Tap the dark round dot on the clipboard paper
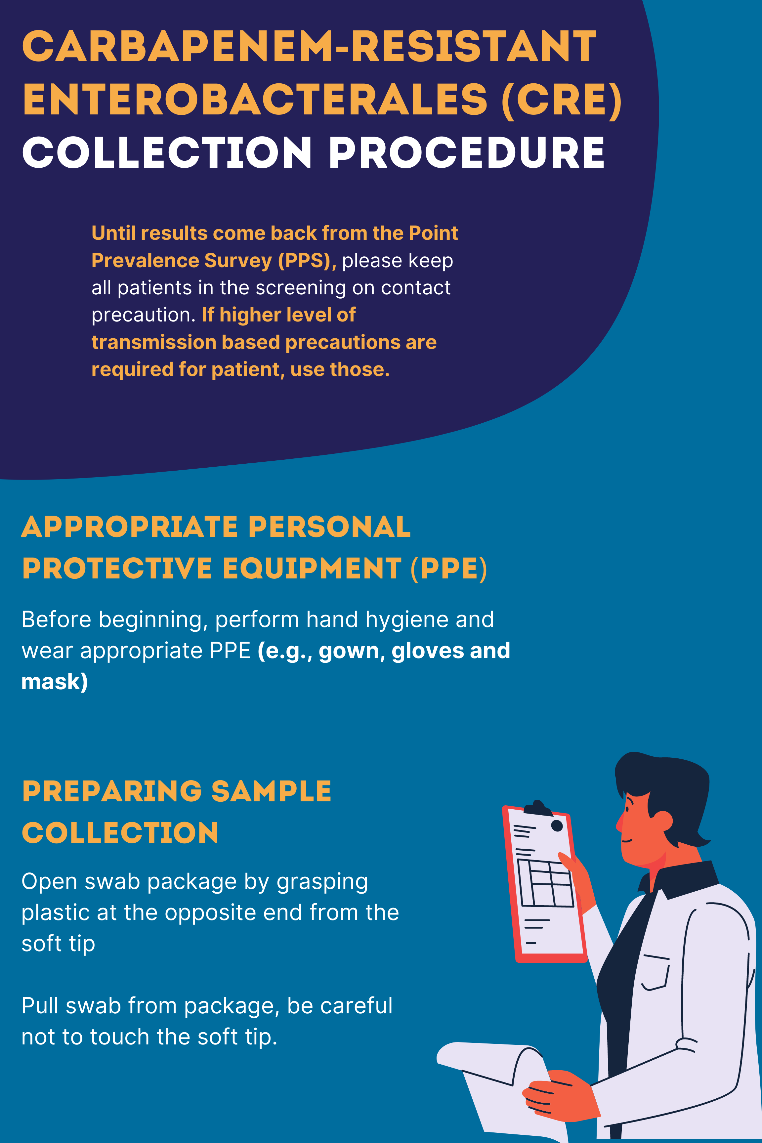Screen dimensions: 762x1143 (x=557, y=825)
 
